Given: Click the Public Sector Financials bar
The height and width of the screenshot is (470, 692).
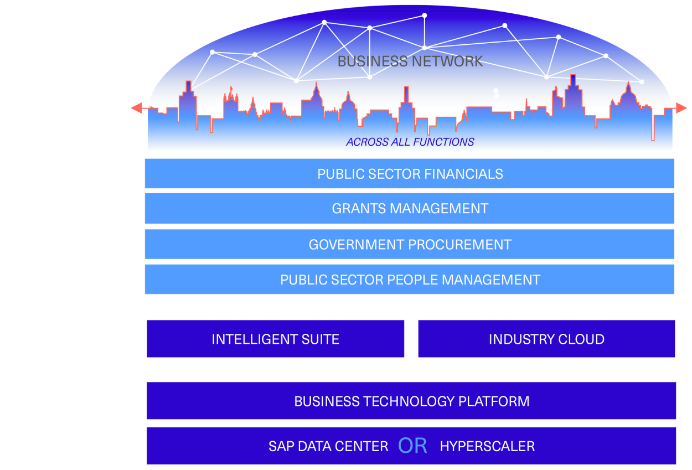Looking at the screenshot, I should tap(410, 174).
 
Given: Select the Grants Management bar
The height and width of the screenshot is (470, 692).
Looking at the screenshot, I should tap(410, 209).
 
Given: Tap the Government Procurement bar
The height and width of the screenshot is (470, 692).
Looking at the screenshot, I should tap(410, 245).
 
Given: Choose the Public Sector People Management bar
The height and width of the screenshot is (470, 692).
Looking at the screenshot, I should tap(410, 280).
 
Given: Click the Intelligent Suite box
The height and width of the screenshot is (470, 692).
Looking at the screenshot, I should tap(275, 339).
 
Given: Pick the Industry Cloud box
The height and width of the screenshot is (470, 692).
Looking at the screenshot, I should tap(546, 339).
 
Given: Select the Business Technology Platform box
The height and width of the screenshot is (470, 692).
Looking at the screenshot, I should tap(411, 401).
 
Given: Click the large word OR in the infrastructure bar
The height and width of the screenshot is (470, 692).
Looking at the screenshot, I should tap(412, 446).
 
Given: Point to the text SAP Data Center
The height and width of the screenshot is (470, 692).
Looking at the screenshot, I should tap(328, 446).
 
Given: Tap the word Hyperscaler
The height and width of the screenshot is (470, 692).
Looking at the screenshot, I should tap(487, 446).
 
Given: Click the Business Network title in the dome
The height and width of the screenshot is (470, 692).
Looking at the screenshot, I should tap(410, 61).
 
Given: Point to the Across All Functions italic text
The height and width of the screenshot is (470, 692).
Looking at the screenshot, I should tap(410, 142).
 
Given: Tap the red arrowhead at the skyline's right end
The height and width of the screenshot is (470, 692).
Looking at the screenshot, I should tap(682, 109).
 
